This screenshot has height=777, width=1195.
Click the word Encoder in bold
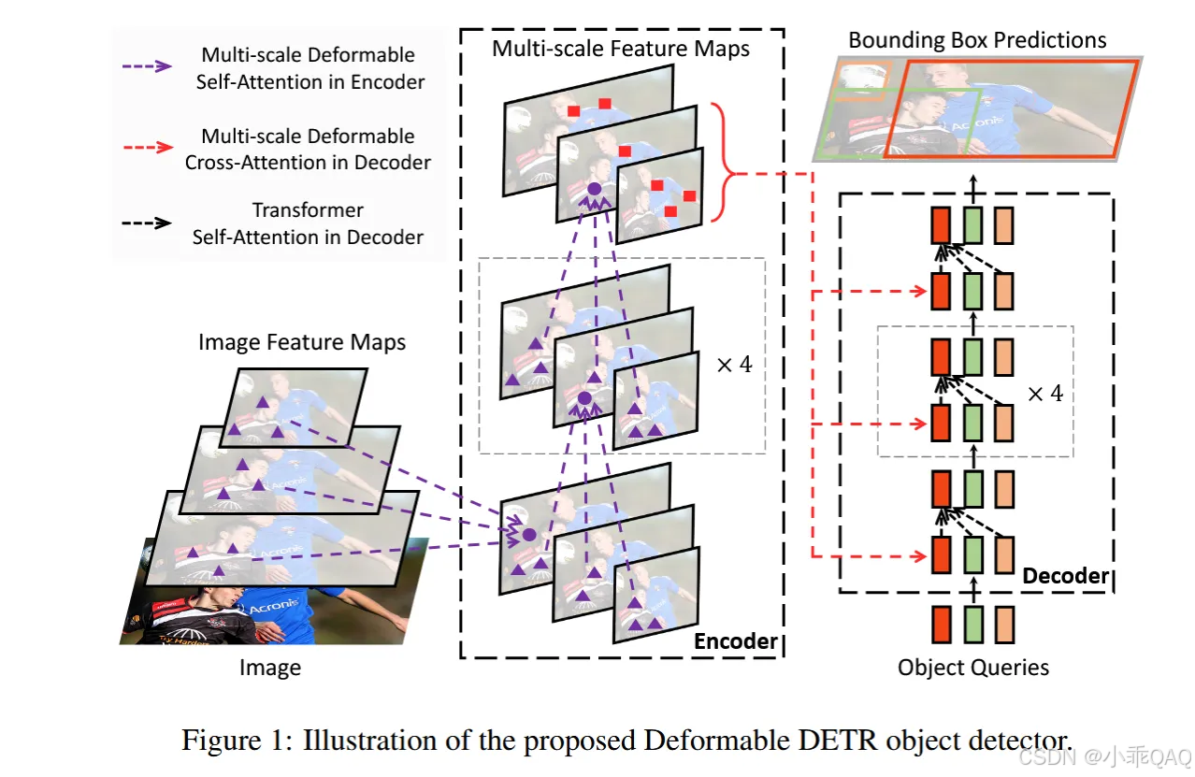(736, 641)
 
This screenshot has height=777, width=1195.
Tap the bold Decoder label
(1065, 576)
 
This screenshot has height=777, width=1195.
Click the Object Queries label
(972, 668)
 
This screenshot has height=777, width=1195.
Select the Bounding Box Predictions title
(977, 40)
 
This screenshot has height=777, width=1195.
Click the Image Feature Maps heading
(302, 342)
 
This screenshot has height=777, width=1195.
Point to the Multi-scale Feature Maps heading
(621, 49)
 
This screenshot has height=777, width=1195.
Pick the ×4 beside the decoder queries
(1044, 394)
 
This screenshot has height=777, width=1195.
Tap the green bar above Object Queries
(972, 625)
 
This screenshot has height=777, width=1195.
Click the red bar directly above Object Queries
(942, 625)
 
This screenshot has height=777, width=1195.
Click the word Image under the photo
(269, 668)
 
